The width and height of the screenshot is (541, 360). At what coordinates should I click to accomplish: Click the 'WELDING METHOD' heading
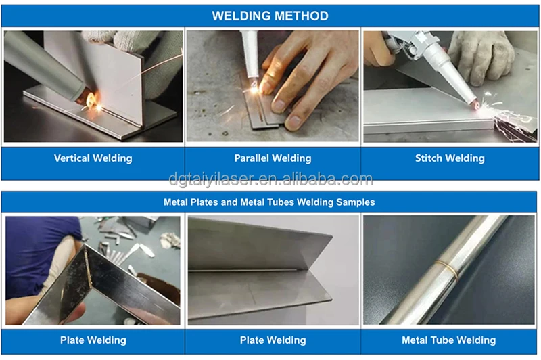click(x=270, y=16)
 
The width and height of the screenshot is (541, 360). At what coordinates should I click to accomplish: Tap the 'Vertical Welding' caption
click(x=93, y=158)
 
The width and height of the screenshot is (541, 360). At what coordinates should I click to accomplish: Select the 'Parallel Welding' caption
click(x=273, y=158)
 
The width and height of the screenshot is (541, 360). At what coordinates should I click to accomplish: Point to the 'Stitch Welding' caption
click(x=450, y=158)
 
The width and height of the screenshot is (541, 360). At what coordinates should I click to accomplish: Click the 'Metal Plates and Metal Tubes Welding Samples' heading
click(x=269, y=202)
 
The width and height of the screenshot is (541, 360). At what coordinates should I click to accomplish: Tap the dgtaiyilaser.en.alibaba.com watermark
click(x=270, y=179)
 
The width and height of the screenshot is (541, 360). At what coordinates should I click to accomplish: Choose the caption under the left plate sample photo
click(x=93, y=340)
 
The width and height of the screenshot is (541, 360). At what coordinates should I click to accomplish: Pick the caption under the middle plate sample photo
click(x=273, y=340)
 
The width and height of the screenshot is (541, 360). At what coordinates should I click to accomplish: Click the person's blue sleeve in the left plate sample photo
click(x=34, y=250)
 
